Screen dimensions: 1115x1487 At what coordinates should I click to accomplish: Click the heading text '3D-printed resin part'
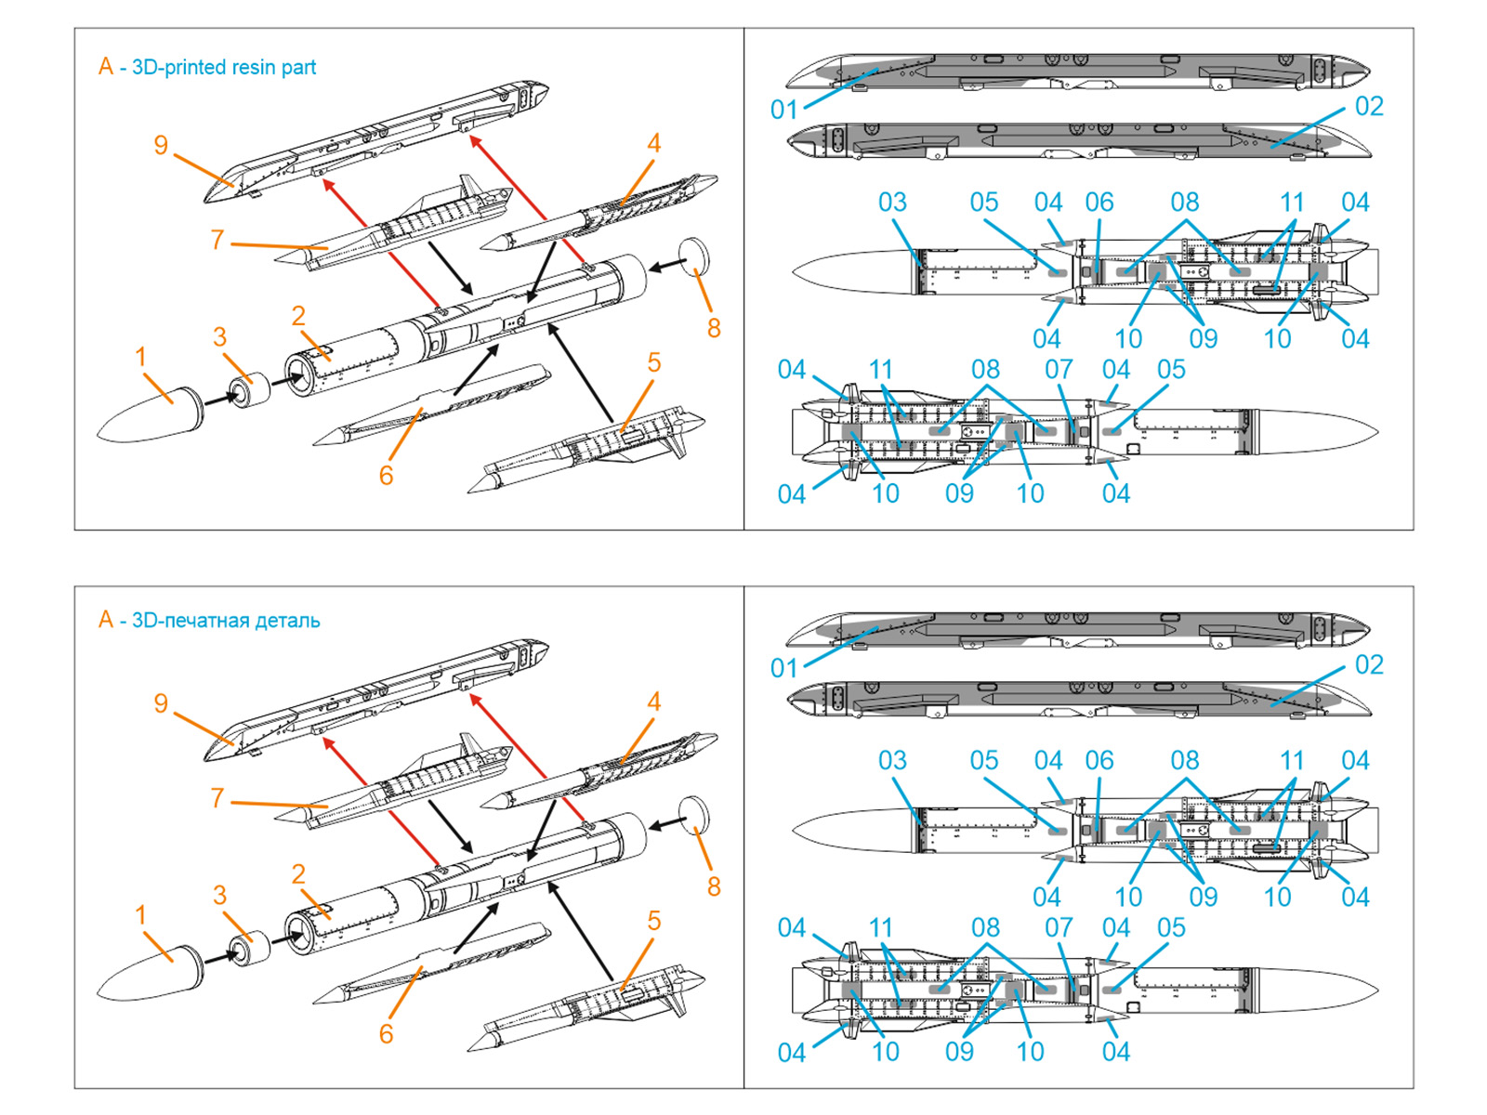click(224, 67)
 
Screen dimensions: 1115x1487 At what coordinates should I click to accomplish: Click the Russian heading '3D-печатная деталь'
click(226, 621)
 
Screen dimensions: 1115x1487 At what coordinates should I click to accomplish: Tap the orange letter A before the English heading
click(106, 67)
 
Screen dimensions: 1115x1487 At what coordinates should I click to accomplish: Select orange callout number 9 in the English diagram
click(161, 145)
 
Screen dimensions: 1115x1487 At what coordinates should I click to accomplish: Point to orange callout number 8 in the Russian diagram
click(713, 886)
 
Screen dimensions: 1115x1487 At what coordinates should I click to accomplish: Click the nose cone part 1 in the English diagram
click(149, 414)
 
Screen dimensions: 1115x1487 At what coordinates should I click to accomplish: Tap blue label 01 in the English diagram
click(784, 110)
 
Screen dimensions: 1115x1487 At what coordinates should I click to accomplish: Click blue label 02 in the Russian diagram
click(1369, 664)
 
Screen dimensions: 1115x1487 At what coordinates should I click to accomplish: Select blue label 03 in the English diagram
click(892, 202)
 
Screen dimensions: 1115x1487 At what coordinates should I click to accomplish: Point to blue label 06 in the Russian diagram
click(1099, 760)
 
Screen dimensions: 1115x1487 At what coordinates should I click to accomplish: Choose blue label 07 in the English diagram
click(1059, 369)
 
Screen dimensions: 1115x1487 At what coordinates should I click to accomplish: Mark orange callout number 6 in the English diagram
click(386, 476)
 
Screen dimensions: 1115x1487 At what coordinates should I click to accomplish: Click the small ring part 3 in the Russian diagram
click(249, 948)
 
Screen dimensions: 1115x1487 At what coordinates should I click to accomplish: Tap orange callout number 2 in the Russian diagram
click(297, 873)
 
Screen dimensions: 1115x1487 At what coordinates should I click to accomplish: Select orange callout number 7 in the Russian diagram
click(217, 797)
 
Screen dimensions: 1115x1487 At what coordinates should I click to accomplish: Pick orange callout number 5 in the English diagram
click(653, 362)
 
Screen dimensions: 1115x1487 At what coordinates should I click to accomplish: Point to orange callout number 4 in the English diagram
click(653, 143)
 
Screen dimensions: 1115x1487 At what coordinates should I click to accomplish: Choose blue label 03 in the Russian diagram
click(892, 760)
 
